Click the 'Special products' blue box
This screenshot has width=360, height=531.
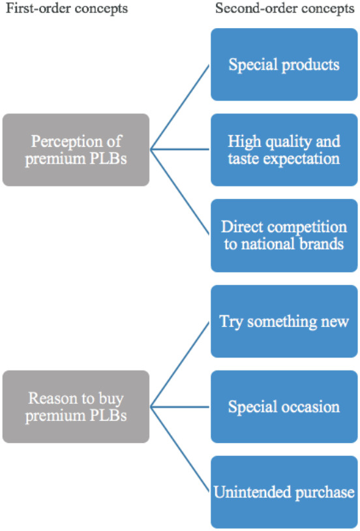coord(284,65)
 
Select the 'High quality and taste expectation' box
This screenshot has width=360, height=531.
coord(284,149)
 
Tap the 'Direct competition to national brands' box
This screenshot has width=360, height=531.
coord(284,235)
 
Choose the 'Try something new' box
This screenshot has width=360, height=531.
coord(284,321)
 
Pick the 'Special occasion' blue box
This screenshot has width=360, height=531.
coord(284,407)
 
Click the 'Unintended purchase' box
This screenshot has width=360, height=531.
coord(284,493)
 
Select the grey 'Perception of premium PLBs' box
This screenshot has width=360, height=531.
coord(76,150)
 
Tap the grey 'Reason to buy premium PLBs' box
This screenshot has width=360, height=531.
coord(76,407)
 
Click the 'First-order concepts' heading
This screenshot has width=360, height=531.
coord(65,8)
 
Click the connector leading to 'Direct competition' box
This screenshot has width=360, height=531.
coord(181,193)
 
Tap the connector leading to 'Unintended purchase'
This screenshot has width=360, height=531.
coord(181,450)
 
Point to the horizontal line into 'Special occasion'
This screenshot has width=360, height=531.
coord(181,407)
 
